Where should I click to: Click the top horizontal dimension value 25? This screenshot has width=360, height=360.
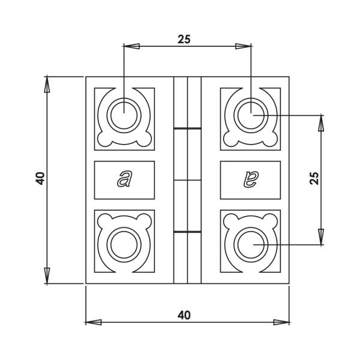[184, 39]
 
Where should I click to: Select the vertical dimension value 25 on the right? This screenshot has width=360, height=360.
[313, 178]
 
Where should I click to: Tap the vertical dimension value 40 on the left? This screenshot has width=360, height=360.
[40, 178]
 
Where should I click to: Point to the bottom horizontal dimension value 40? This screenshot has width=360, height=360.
[184, 315]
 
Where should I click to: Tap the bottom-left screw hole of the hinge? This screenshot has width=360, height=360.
[124, 244]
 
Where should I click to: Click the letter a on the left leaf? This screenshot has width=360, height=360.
[124, 179]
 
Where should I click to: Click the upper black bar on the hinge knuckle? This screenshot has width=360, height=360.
[187, 128]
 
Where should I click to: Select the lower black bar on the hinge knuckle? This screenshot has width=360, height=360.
[187, 231]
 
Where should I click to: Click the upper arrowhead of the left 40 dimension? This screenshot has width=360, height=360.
[47, 85]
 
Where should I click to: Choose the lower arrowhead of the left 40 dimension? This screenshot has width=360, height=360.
[47, 275]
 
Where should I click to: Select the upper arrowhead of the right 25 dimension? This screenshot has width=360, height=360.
[321, 123]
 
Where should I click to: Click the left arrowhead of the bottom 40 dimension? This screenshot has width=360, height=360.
[94, 322]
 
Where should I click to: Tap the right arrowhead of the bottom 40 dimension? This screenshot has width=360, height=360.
[281, 322]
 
